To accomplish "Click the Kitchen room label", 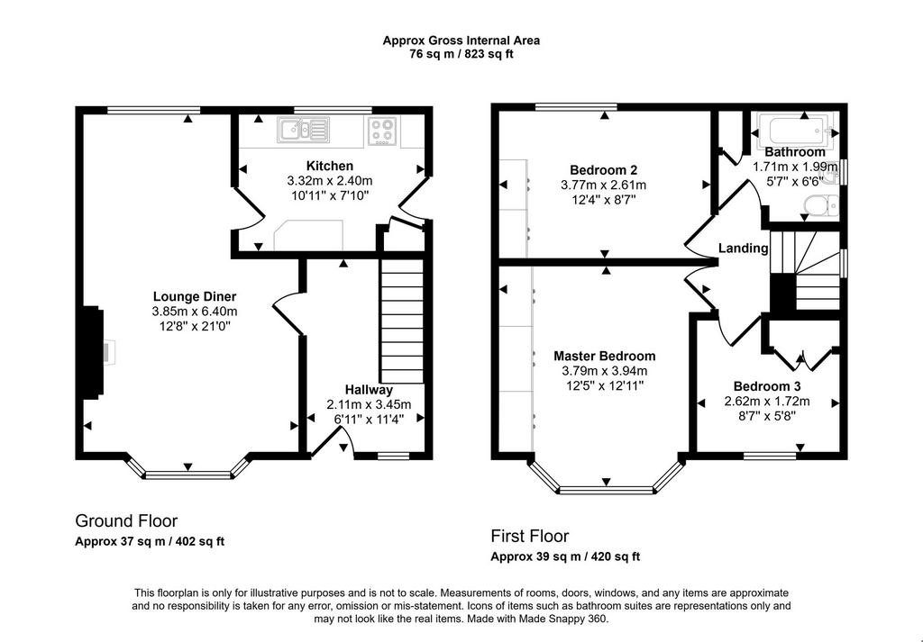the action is click(330, 166).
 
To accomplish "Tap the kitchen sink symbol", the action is click(303, 130).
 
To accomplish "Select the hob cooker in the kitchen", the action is click(382, 131).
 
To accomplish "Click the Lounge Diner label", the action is click(195, 296).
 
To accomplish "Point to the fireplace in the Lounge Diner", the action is click(94, 353).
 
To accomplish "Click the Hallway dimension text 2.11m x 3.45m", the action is click(369, 404).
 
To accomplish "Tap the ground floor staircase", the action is click(402, 321).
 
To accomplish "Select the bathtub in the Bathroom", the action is click(795, 130).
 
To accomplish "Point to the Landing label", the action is click(744, 249).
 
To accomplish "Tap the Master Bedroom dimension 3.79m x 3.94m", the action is click(604, 371).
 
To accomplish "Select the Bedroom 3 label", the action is click(766, 386).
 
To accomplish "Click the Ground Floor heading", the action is click(126, 520).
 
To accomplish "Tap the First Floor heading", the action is click(530, 536).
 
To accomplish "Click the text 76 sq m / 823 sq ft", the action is click(461, 55).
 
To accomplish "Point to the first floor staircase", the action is click(805, 270).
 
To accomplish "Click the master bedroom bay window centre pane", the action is click(607, 490).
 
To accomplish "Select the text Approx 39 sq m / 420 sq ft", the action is click(565, 556).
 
